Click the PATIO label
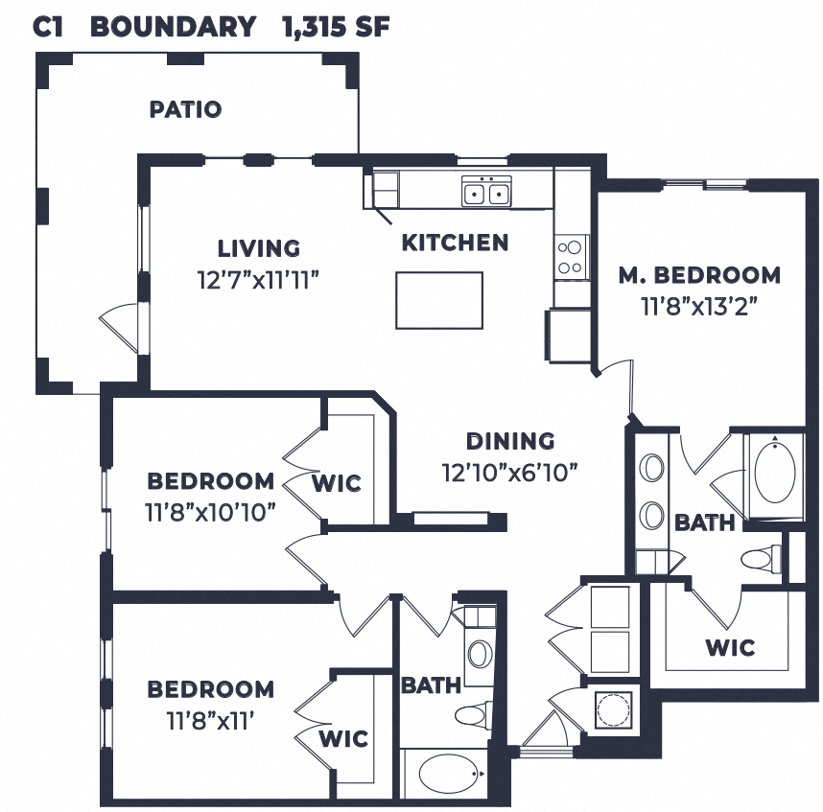point(185,109)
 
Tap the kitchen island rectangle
point(439,300)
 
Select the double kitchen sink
point(486,193)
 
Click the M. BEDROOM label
point(698,275)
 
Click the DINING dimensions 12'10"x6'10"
point(509,472)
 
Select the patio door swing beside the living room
point(120,327)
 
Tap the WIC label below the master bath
point(730,647)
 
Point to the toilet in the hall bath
point(473,713)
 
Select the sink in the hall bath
point(479,653)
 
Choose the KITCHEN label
point(455,243)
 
